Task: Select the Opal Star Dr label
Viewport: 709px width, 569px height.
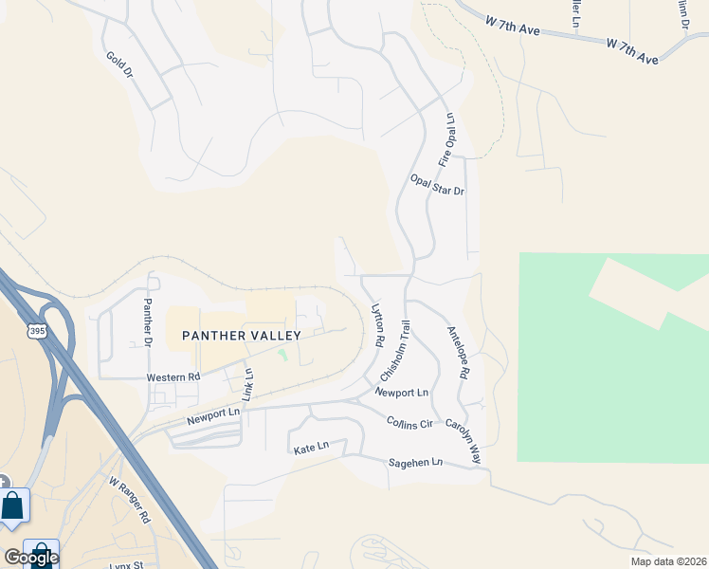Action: pos(437,184)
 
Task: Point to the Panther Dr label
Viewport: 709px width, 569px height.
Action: pos(148,321)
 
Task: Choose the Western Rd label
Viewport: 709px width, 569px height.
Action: pos(173,376)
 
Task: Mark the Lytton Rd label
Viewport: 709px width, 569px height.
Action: pos(377,324)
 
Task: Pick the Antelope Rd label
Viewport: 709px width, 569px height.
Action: pos(458,353)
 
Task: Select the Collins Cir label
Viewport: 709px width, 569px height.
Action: pos(409,421)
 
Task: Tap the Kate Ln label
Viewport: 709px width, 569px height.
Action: pos(311,446)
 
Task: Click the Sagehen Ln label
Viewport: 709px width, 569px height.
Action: pos(415,463)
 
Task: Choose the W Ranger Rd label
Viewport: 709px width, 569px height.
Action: pos(130,501)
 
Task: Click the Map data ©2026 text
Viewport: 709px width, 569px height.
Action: pos(667,560)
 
